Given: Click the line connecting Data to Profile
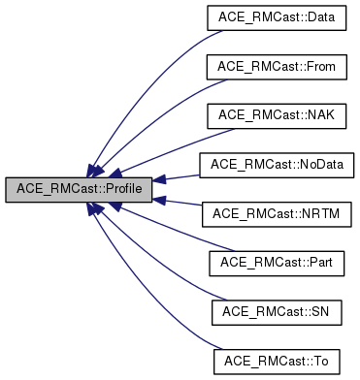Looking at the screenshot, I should [x=146, y=68].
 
